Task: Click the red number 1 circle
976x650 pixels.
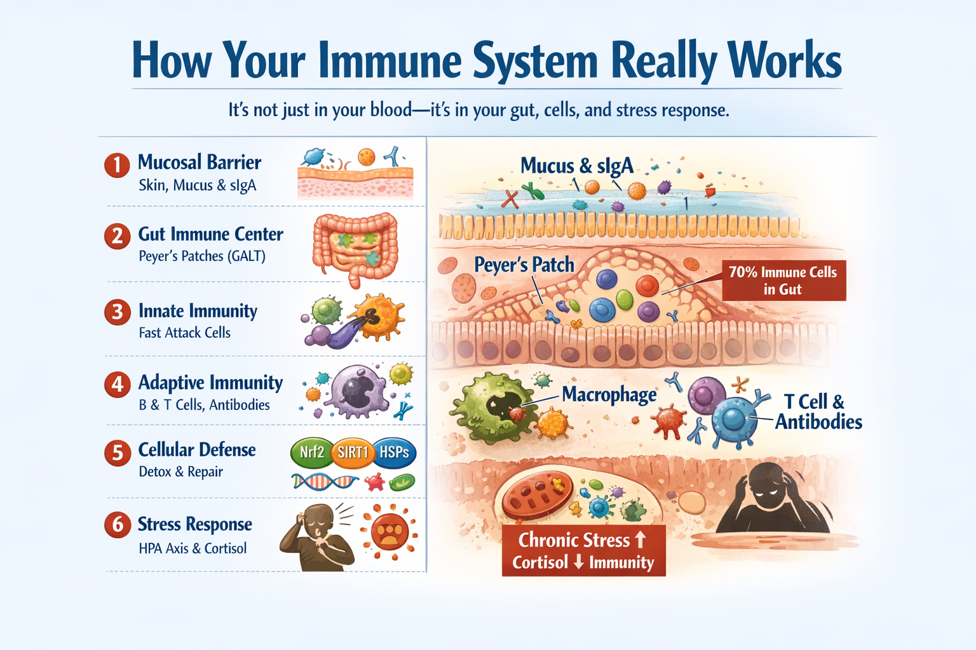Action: click(x=117, y=165)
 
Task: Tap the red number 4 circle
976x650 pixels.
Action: click(x=118, y=385)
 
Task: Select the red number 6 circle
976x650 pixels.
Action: click(x=118, y=525)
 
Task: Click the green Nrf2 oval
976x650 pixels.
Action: click(x=311, y=452)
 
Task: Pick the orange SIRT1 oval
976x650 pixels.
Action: click(x=353, y=452)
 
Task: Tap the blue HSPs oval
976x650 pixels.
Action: click(x=394, y=452)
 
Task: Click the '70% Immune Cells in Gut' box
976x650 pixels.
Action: click(x=783, y=281)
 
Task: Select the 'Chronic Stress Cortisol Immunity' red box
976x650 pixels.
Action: click(x=583, y=550)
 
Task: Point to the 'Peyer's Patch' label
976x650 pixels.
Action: click(x=524, y=265)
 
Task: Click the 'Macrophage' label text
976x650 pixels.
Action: click(x=609, y=395)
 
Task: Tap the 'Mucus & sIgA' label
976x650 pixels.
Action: click(x=576, y=166)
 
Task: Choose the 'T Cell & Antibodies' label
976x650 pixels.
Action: click(x=818, y=411)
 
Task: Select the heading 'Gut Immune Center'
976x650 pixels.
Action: click(x=210, y=234)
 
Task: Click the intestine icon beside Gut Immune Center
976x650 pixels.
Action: click(x=355, y=248)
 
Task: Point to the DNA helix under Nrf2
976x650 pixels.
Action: click(x=325, y=482)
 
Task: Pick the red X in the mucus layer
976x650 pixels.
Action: click(x=510, y=199)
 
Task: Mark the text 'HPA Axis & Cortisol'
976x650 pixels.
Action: click(x=193, y=548)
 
